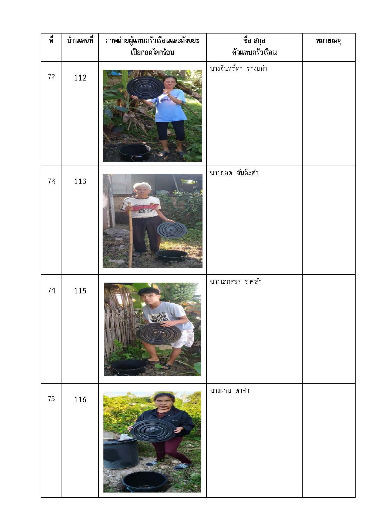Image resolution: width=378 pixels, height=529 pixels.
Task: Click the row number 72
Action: point(51,77)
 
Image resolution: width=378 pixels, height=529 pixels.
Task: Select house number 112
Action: point(80,78)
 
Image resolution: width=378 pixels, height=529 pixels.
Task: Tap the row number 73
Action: point(51,181)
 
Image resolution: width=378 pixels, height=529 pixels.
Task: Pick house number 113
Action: point(80,182)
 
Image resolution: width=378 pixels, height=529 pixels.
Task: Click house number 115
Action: point(80,291)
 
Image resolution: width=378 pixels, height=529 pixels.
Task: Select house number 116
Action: point(80,400)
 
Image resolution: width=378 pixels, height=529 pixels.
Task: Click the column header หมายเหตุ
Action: point(329,41)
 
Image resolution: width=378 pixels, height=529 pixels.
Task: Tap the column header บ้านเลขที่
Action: point(80,41)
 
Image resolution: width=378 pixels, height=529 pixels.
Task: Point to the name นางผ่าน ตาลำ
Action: point(230,391)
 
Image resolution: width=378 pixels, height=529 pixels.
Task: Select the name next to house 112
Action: point(238,69)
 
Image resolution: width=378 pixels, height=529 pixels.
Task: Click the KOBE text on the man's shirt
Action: point(145,210)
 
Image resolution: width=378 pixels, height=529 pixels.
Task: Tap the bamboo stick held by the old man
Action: point(130,235)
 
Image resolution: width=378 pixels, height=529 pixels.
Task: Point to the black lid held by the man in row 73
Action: point(172,230)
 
